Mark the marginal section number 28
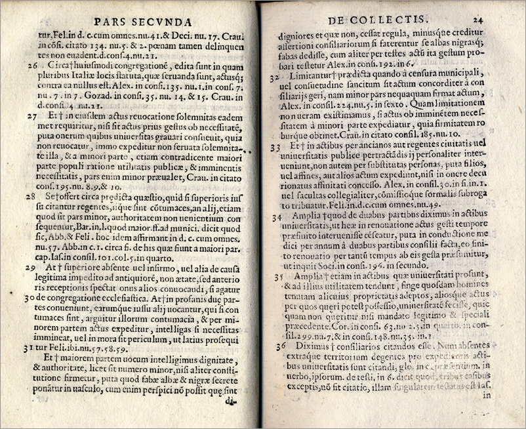pos(31,196)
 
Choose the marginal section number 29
pos(31,268)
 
